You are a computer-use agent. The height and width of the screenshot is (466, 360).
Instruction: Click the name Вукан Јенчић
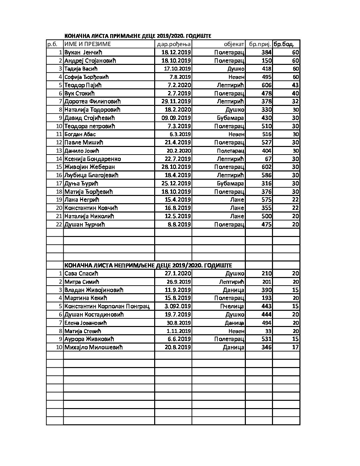tap(83, 52)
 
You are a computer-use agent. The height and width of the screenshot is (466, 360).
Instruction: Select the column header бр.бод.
tap(284, 44)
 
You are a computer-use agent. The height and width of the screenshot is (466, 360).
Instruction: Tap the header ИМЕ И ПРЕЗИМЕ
tap(88, 44)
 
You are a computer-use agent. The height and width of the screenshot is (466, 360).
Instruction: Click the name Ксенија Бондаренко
tap(93, 159)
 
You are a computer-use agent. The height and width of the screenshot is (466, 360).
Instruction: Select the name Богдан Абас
tap(80, 134)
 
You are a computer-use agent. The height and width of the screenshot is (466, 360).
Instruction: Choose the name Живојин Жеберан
tap(90, 167)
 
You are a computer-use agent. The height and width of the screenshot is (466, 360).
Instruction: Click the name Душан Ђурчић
tap(85, 224)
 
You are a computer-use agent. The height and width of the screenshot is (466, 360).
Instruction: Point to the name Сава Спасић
tap(81, 274)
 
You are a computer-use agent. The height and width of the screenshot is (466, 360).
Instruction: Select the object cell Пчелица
tap(232, 306)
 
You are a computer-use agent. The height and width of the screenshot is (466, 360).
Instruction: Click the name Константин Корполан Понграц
tap(107, 306)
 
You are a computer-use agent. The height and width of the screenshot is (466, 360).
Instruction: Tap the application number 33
tap(268, 331)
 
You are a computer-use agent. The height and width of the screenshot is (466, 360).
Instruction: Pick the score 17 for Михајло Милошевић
tap(295, 348)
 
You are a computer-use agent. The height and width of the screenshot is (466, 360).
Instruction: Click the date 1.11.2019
tap(179, 331)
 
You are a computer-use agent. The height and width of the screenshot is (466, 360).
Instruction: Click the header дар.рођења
tap(173, 44)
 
